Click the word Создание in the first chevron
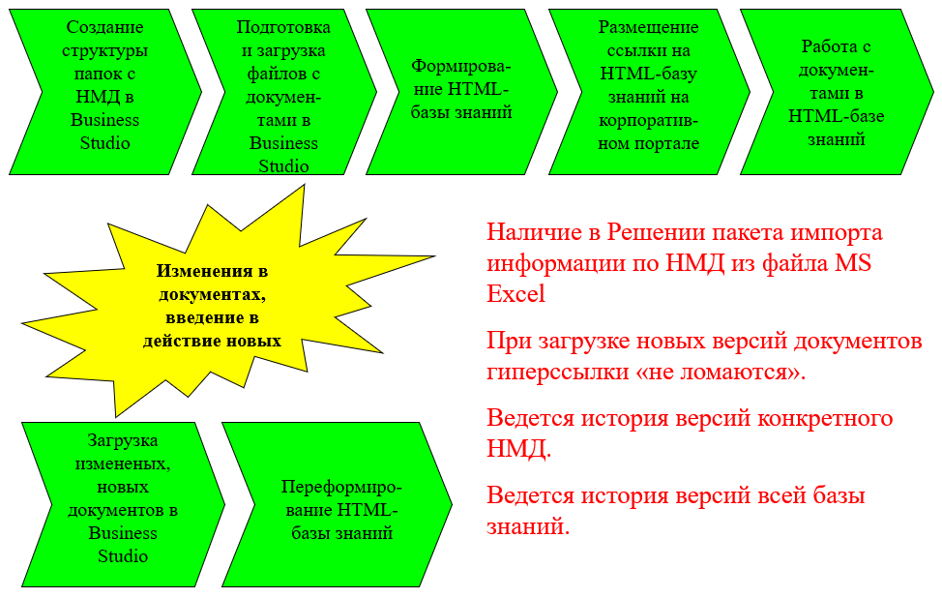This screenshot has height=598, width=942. click(105, 28)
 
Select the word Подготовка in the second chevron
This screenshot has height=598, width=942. click(283, 28)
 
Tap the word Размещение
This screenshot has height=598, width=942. click(649, 28)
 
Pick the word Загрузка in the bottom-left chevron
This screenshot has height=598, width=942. click(123, 440)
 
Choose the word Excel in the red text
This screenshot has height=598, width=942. click(516, 293)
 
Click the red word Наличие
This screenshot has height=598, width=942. click(534, 232)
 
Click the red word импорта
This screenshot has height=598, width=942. click(837, 233)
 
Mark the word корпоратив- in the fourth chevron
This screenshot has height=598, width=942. click(649, 121)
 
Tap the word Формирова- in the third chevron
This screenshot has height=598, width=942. click(461, 66)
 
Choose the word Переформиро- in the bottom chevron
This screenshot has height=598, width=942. click(341, 487)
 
